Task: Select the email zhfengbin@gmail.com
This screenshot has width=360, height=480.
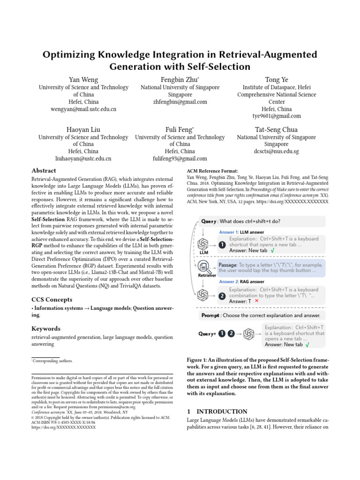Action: pyautogui.click(x=180, y=102)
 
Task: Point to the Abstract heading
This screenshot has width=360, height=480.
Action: pyautogui.click(x=44, y=171)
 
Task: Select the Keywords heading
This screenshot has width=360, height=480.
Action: pyautogui.click(x=46, y=329)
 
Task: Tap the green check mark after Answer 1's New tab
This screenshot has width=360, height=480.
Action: pyautogui.click(x=273, y=251)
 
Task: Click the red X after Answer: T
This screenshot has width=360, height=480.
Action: pyautogui.click(x=256, y=301)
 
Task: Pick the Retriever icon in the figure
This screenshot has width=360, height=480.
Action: pyautogui.click(x=203, y=267)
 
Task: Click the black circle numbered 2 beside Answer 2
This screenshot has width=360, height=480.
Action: pyautogui.click(x=222, y=296)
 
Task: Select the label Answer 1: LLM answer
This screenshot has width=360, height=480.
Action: pyautogui.click(x=241, y=232)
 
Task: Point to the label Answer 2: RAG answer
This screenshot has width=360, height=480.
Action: pyautogui.click(x=242, y=282)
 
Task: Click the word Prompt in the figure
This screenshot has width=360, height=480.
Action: pyautogui.click(x=210, y=315)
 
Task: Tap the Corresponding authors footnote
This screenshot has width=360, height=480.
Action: pyautogui.click(x=52, y=361)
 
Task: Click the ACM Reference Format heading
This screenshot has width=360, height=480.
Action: pyautogui.click(x=212, y=171)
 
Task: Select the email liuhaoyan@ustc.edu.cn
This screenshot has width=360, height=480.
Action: pyautogui.click(x=83, y=159)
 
